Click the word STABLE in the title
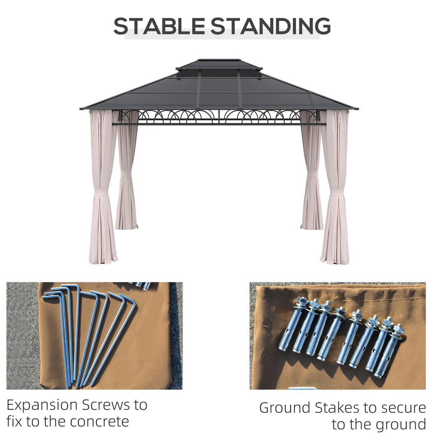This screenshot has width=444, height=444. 159,26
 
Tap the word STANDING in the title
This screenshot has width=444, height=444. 271,26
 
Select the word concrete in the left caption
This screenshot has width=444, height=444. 99,422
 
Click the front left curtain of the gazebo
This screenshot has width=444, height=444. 103,187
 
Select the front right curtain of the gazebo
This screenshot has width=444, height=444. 335,187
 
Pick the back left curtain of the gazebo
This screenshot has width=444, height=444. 127,170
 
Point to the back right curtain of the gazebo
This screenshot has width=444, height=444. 312,170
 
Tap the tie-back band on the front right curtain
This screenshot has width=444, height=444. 335,193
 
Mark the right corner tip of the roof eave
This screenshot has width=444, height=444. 358,109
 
